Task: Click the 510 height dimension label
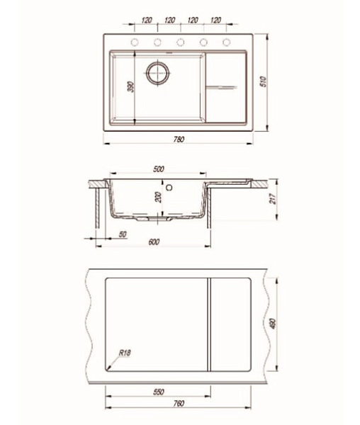(263, 81)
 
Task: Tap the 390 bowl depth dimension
(131, 86)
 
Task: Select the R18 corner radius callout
(125, 353)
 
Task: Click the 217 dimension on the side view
(273, 198)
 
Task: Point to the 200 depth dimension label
(159, 197)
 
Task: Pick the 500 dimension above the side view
(159, 169)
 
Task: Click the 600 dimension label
(154, 242)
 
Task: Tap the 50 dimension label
(123, 234)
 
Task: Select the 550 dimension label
(159, 392)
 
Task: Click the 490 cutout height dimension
(273, 324)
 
